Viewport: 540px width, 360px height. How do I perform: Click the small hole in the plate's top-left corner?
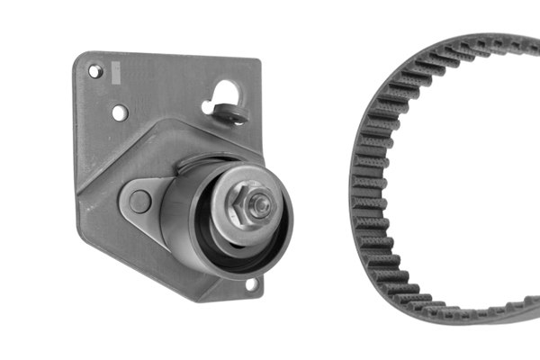tap(94, 71)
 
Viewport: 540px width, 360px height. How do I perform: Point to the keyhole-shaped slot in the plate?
tap(226, 98)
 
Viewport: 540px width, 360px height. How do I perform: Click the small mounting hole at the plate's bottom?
tap(251, 284)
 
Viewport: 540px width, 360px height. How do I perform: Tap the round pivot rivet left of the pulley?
tap(139, 201)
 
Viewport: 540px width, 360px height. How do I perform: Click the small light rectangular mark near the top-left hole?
tap(114, 69)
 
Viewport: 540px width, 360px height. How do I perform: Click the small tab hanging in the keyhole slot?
tap(236, 114)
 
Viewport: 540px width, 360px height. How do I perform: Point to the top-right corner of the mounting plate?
tap(257, 63)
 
